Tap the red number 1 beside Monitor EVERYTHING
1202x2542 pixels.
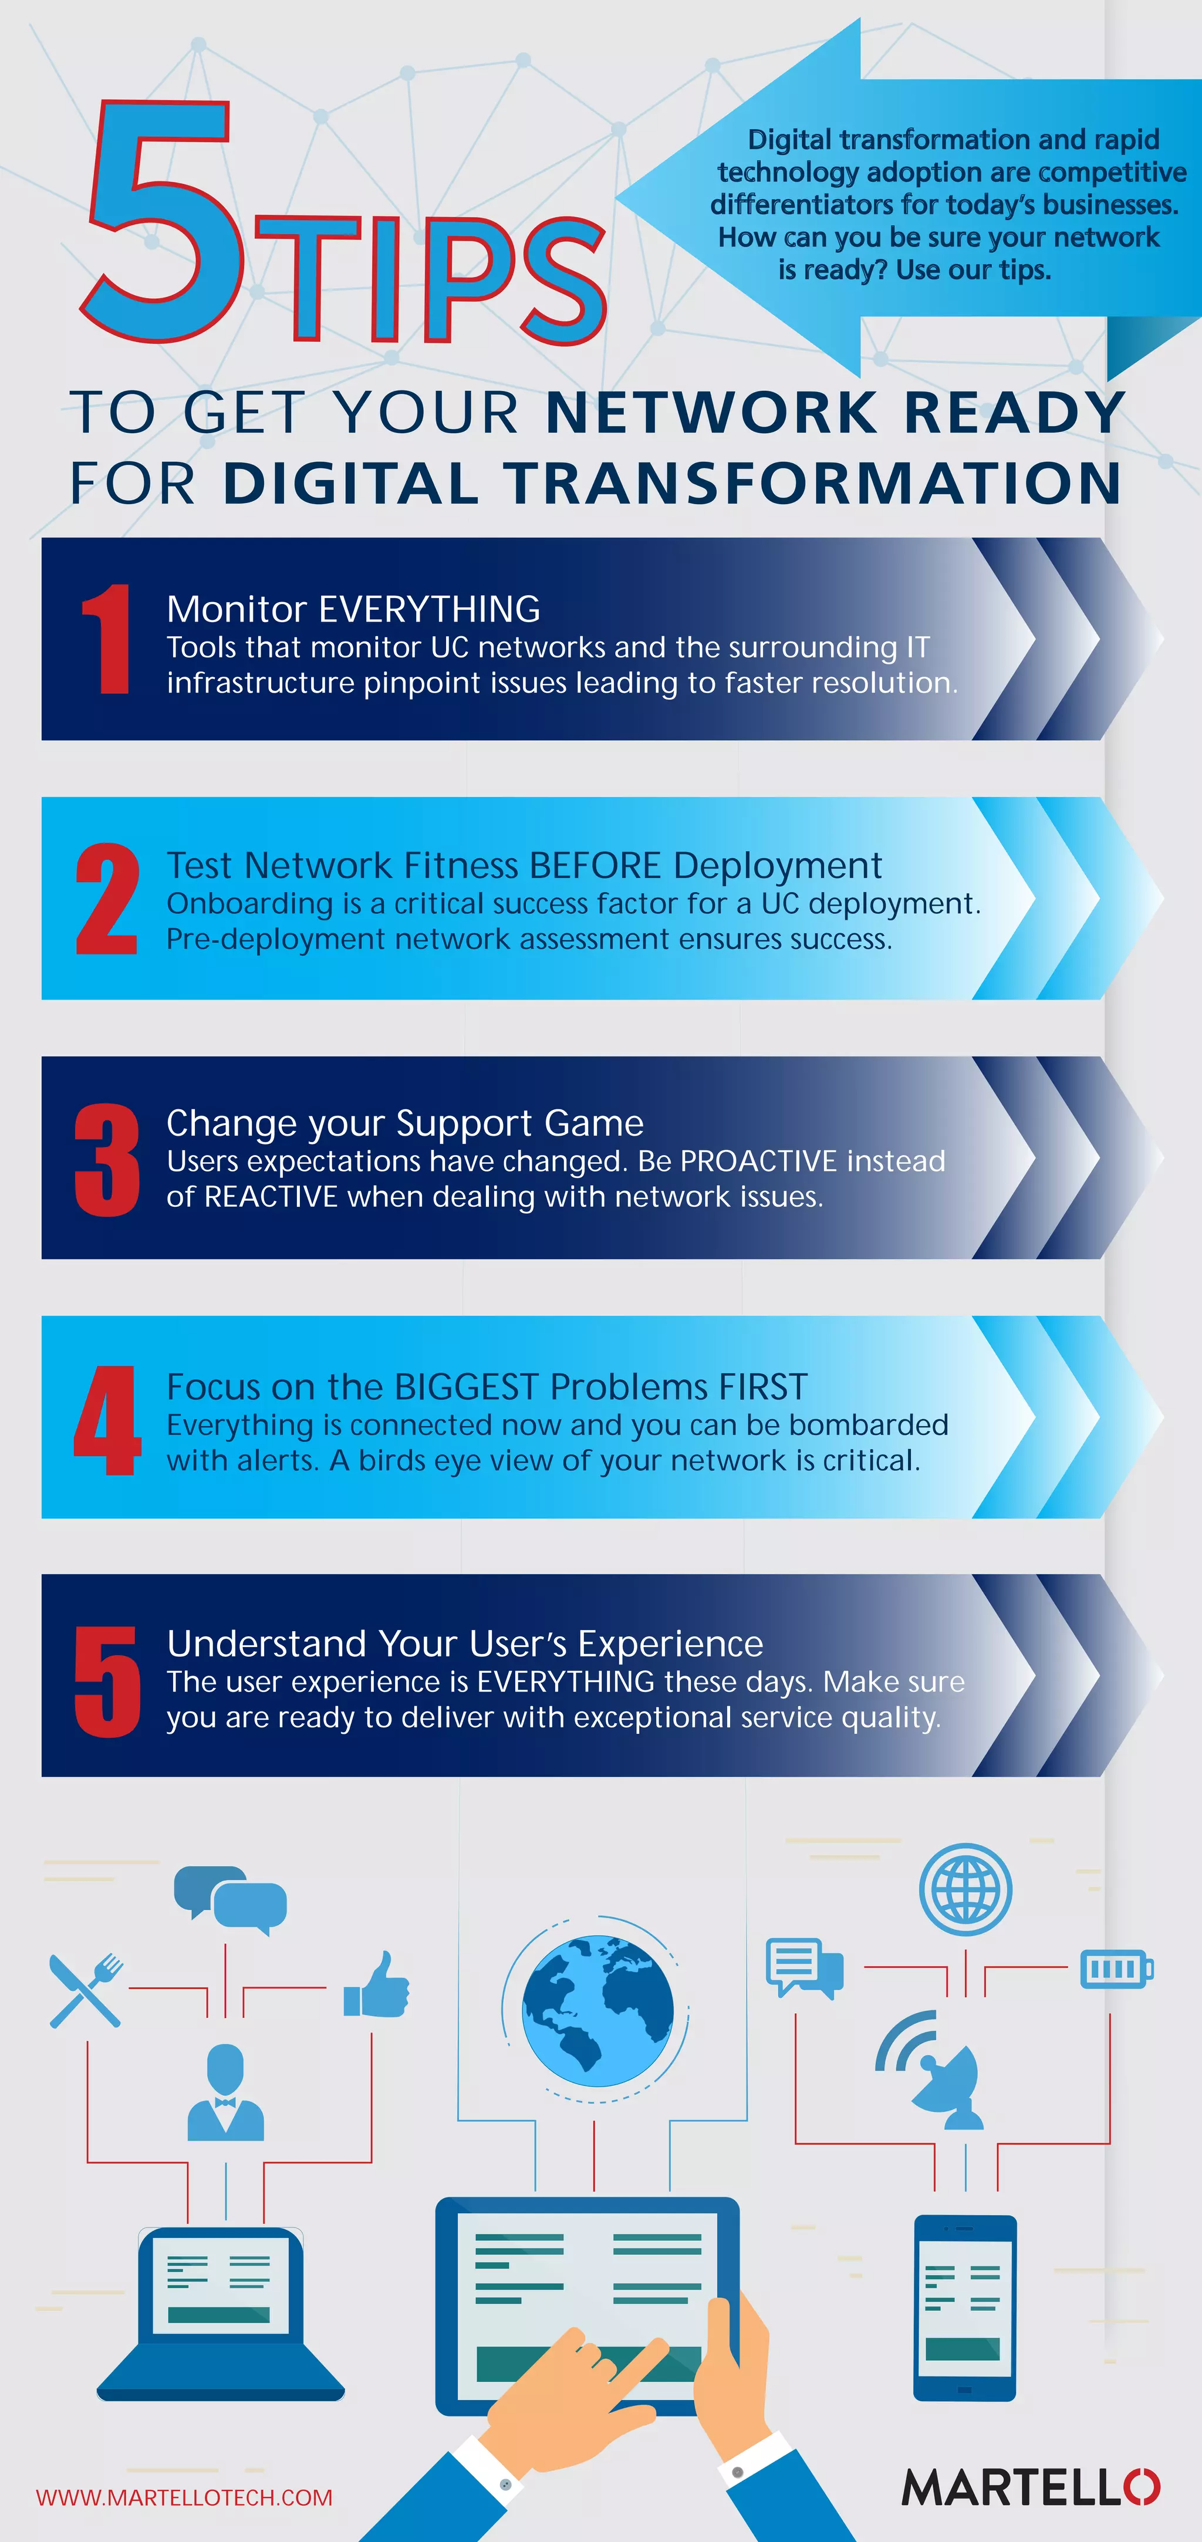tap(107, 639)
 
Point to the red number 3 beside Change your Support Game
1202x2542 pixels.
tap(107, 1160)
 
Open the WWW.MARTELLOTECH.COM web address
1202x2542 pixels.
tap(184, 2497)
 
